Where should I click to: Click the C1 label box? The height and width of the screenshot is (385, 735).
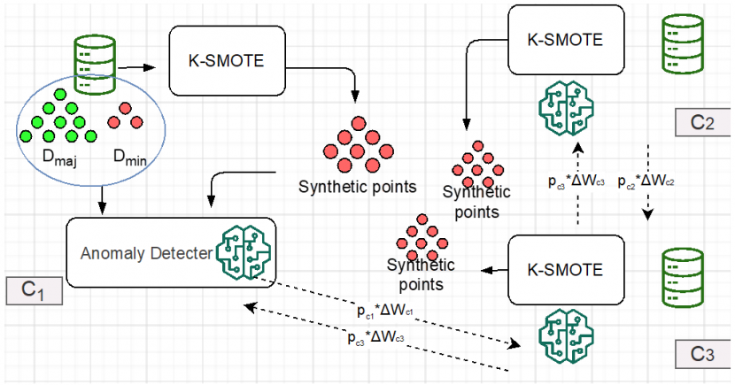(x=34, y=289)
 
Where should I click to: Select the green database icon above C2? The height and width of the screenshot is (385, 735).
(x=679, y=45)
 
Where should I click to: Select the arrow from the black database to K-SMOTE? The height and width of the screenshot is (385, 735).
(x=136, y=65)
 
